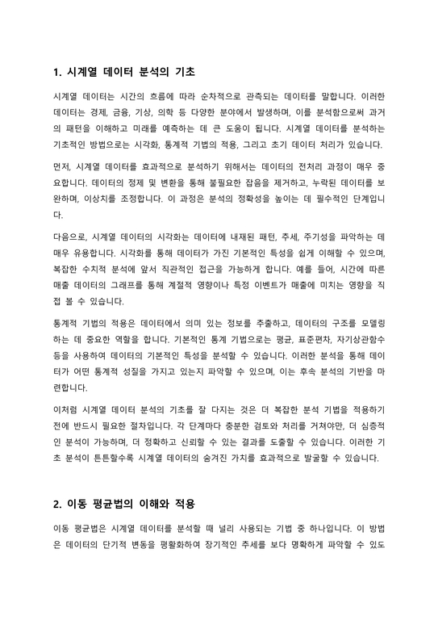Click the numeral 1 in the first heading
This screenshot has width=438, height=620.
tap(55, 71)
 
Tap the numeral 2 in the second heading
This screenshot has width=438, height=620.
tap(55, 504)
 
